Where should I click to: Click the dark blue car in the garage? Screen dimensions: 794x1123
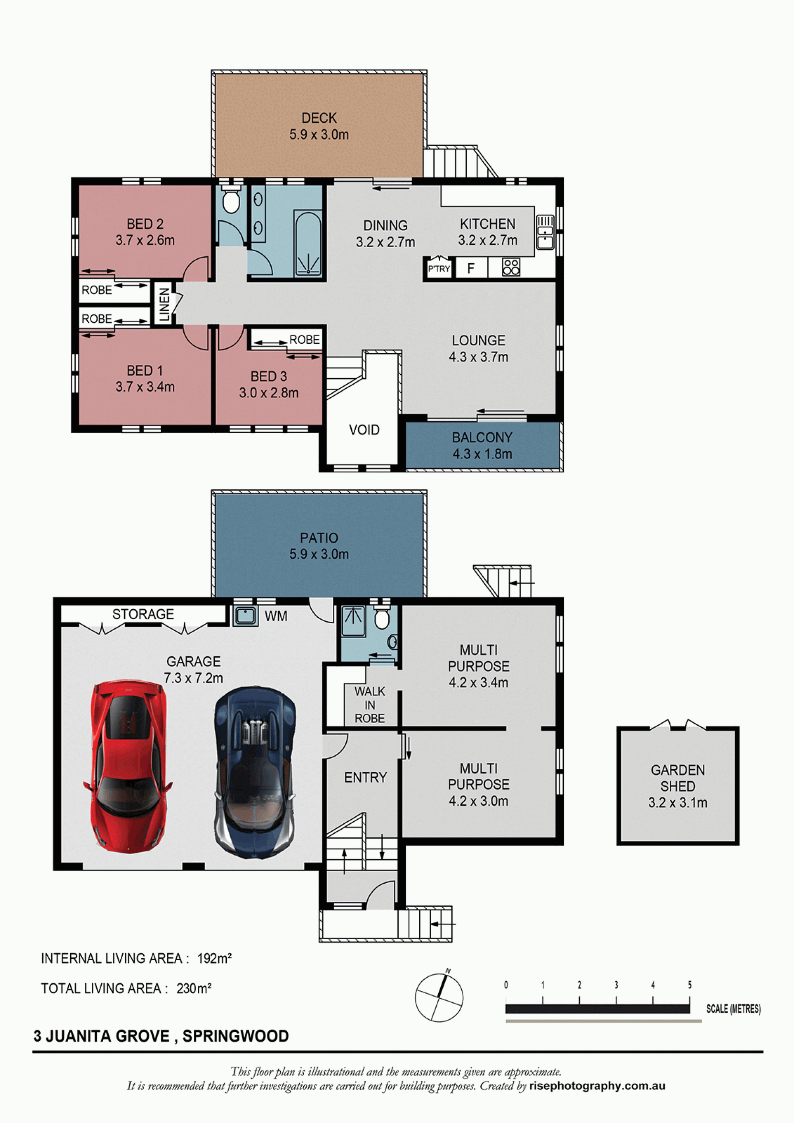click(x=255, y=772)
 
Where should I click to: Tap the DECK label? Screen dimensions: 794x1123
click(x=319, y=118)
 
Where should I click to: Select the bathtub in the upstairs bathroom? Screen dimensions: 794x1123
click(x=308, y=244)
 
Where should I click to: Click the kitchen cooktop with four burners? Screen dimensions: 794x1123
click(x=511, y=268)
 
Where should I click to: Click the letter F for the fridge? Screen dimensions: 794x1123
click(x=470, y=268)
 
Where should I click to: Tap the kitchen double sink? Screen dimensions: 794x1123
click(x=545, y=232)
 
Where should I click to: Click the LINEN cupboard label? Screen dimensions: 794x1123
click(x=165, y=304)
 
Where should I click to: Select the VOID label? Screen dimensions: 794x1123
click(x=364, y=430)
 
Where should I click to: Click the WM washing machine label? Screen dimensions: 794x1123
click(x=276, y=616)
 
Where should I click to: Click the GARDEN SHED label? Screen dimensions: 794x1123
click(x=678, y=778)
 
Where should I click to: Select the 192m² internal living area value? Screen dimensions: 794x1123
click(x=214, y=958)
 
